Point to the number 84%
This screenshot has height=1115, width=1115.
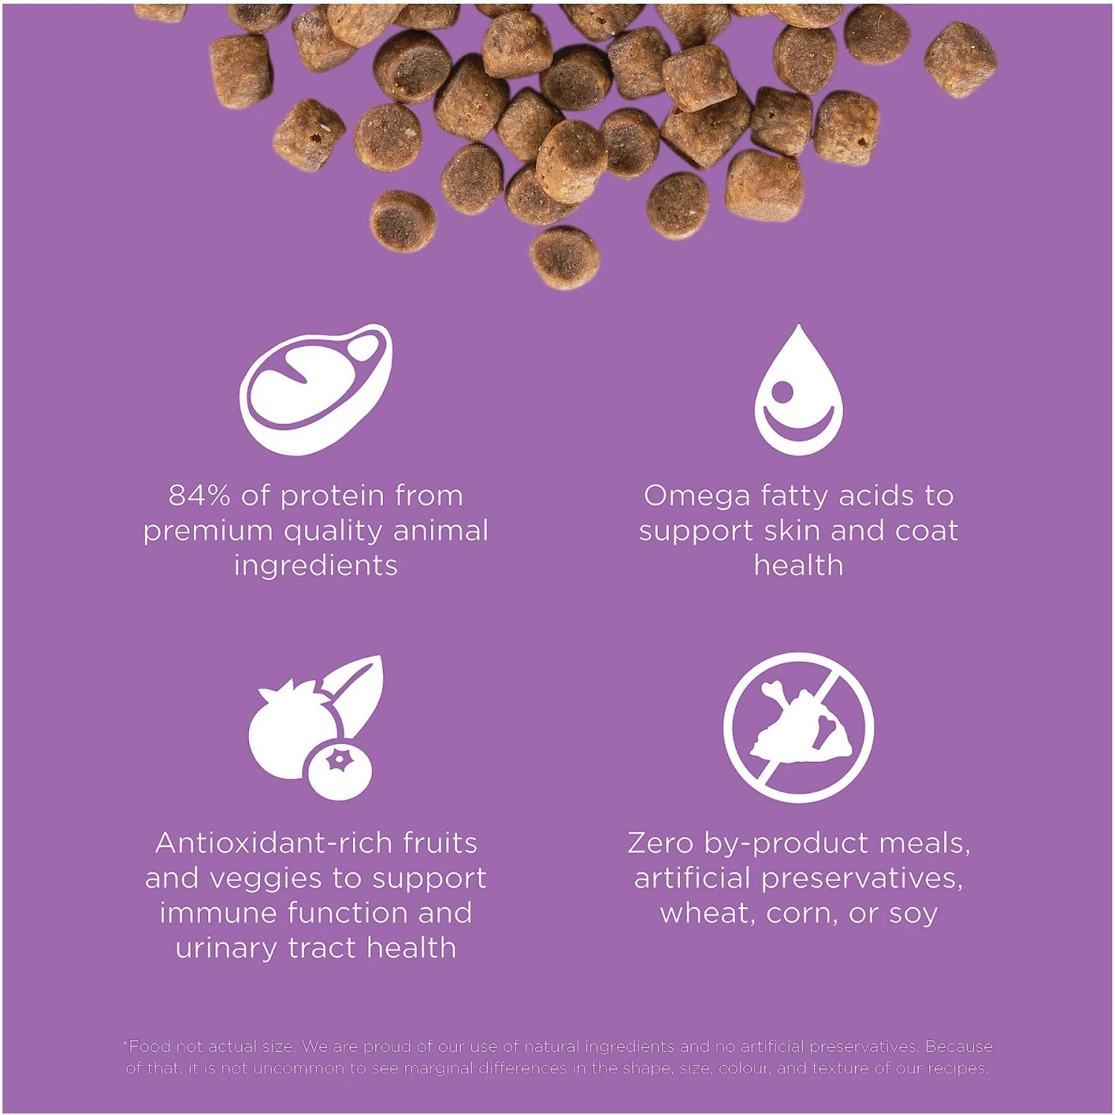click(x=198, y=496)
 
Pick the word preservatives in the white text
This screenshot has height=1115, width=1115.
click(x=862, y=879)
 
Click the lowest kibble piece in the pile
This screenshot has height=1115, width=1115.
click(x=565, y=257)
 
